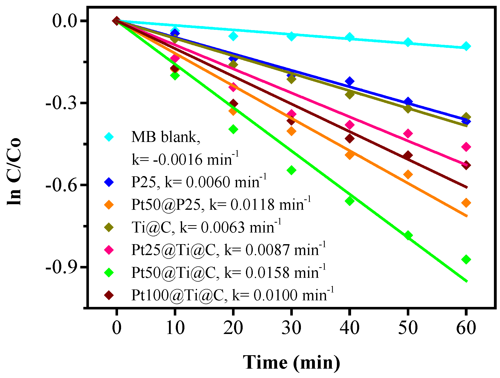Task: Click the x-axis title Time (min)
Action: click(291, 363)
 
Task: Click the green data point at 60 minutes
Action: click(466, 259)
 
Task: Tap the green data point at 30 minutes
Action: click(291, 170)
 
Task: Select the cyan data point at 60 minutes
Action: click(466, 46)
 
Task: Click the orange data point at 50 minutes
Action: click(408, 174)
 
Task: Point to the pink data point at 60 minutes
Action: click(466, 147)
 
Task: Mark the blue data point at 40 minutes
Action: click(350, 81)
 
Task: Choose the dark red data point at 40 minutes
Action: click(350, 138)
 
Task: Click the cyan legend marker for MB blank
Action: click(109, 137)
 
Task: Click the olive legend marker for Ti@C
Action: click(109, 227)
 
